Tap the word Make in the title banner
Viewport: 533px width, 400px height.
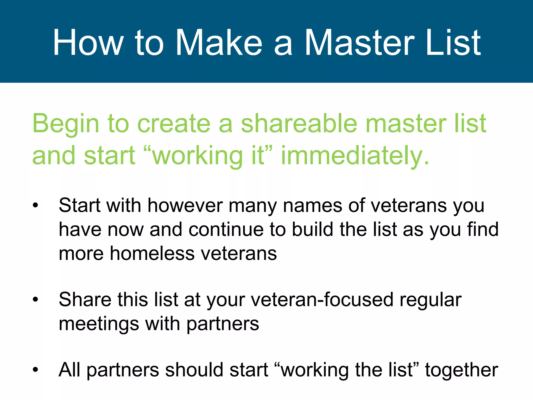point(219,42)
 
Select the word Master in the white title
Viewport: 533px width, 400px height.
point(359,42)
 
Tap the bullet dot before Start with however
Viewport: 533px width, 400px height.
point(35,205)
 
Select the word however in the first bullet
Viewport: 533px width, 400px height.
point(185,205)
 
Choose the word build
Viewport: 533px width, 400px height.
point(312,229)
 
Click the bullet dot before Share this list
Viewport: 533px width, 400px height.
point(35,300)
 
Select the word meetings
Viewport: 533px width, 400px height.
point(99,324)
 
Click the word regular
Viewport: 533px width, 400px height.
point(430,300)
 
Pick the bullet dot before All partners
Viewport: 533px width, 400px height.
point(35,370)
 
